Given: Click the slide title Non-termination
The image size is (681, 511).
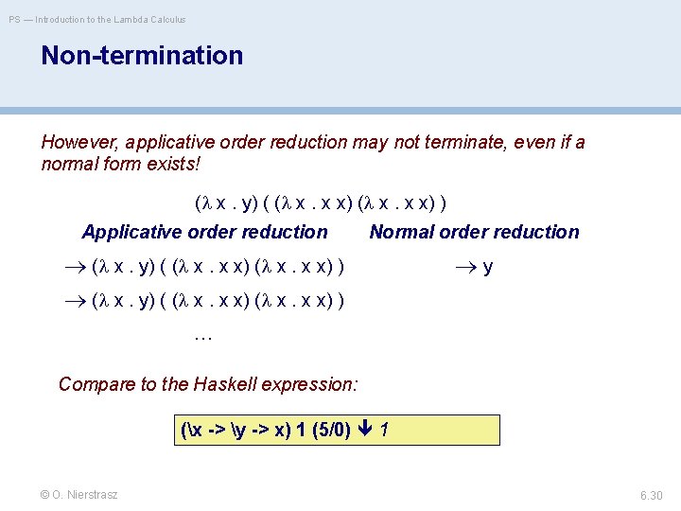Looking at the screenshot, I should pyautogui.click(x=142, y=56).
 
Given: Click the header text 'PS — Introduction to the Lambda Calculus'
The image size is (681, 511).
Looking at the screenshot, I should pyautogui.click(x=97, y=19).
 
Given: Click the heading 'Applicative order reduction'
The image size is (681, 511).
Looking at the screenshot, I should pyautogui.click(x=205, y=232).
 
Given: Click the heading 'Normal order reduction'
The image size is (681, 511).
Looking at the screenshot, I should pyautogui.click(x=474, y=232).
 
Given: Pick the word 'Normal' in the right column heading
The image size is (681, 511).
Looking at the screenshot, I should pyautogui.click(x=400, y=232).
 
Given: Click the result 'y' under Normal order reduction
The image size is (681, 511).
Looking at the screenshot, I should pyautogui.click(x=487, y=268).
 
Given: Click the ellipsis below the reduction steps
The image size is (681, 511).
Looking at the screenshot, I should pyautogui.click(x=201, y=334).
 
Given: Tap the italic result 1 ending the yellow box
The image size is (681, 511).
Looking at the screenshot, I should pyautogui.click(x=384, y=431).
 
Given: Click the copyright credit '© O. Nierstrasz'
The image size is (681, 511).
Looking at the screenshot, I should pyautogui.click(x=79, y=494).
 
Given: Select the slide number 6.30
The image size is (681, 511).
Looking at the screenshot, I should pyautogui.click(x=651, y=494).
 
